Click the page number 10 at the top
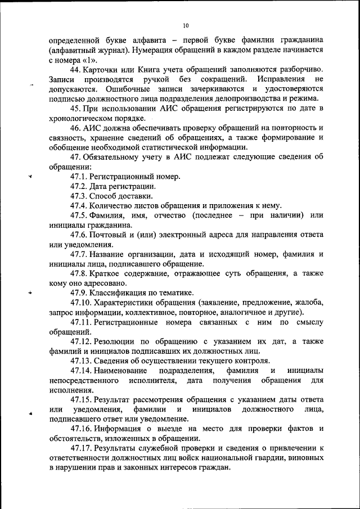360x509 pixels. [x=186, y=25]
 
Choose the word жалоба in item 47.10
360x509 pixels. [x=308, y=303]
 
